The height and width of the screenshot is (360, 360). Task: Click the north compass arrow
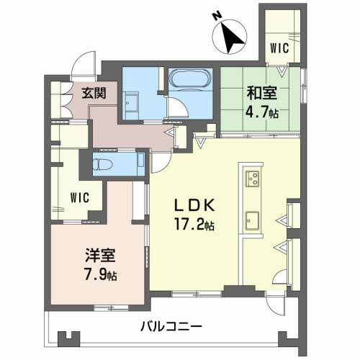point(232,37)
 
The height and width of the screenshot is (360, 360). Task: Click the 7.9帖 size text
point(99,274)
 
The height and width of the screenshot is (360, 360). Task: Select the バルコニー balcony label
point(171,325)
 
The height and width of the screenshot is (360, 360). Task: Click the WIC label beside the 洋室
point(80,198)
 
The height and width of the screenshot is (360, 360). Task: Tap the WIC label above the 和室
point(279,48)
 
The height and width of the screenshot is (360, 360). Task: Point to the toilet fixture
point(104,163)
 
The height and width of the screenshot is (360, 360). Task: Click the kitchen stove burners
point(253,179)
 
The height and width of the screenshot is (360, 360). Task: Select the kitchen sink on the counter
point(252,219)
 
